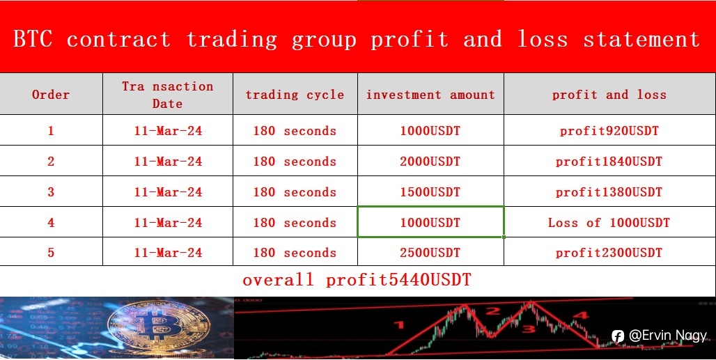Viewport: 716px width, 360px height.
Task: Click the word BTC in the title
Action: [x=33, y=39]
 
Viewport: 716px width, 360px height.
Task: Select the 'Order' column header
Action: [x=51, y=95]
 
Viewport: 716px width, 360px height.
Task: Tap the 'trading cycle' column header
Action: [x=295, y=95]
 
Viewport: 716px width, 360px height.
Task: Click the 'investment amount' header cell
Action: [x=430, y=95]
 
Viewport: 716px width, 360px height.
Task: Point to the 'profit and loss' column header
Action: [x=609, y=95]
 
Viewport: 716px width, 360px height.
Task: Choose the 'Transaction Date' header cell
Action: [x=168, y=95]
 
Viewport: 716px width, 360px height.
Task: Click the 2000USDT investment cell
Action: [x=430, y=161]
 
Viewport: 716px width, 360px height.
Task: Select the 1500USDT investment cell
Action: [x=430, y=191]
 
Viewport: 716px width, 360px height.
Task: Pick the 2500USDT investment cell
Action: [x=430, y=252]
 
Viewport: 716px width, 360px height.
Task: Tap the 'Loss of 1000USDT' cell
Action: [x=609, y=222]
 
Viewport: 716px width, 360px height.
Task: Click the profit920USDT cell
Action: [x=609, y=131]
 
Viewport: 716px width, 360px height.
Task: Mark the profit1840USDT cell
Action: [x=609, y=161]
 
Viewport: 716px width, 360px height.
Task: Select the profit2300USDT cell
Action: [x=609, y=252]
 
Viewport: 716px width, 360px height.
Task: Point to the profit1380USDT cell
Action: [x=609, y=191]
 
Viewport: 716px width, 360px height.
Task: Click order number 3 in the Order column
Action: [x=51, y=191]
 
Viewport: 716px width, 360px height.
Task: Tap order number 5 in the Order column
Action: [x=51, y=252]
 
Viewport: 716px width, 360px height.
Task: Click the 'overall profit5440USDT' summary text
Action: [x=357, y=280]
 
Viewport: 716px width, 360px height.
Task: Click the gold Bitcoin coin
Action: [x=159, y=326]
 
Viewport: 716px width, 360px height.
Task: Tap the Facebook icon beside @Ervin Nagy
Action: [x=618, y=336]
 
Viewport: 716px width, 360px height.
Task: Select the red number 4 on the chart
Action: [x=580, y=315]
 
